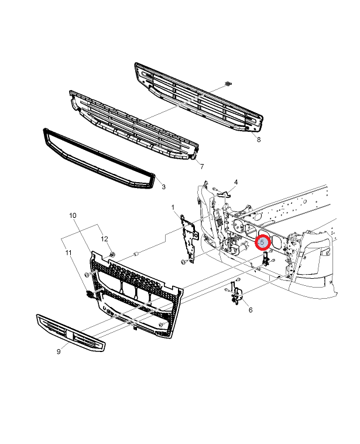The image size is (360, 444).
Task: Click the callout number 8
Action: click(x=258, y=139)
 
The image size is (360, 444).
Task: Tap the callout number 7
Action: click(x=201, y=167)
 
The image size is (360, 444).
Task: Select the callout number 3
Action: click(x=163, y=187)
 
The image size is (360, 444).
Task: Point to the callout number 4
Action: click(x=236, y=182)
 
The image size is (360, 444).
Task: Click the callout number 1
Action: click(x=173, y=207)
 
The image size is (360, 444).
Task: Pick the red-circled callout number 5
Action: click(x=263, y=241)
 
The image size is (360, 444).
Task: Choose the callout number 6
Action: click(x=251, y=310)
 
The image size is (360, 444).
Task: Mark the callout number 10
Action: click(x=73, y=216)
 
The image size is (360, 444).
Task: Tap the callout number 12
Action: click(x=105, y=239)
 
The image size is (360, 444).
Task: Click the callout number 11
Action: click(x=68, y=252)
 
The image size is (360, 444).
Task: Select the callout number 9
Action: click(x=59, y=351)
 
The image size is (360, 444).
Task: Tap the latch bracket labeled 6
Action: click(x=236, y=293)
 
